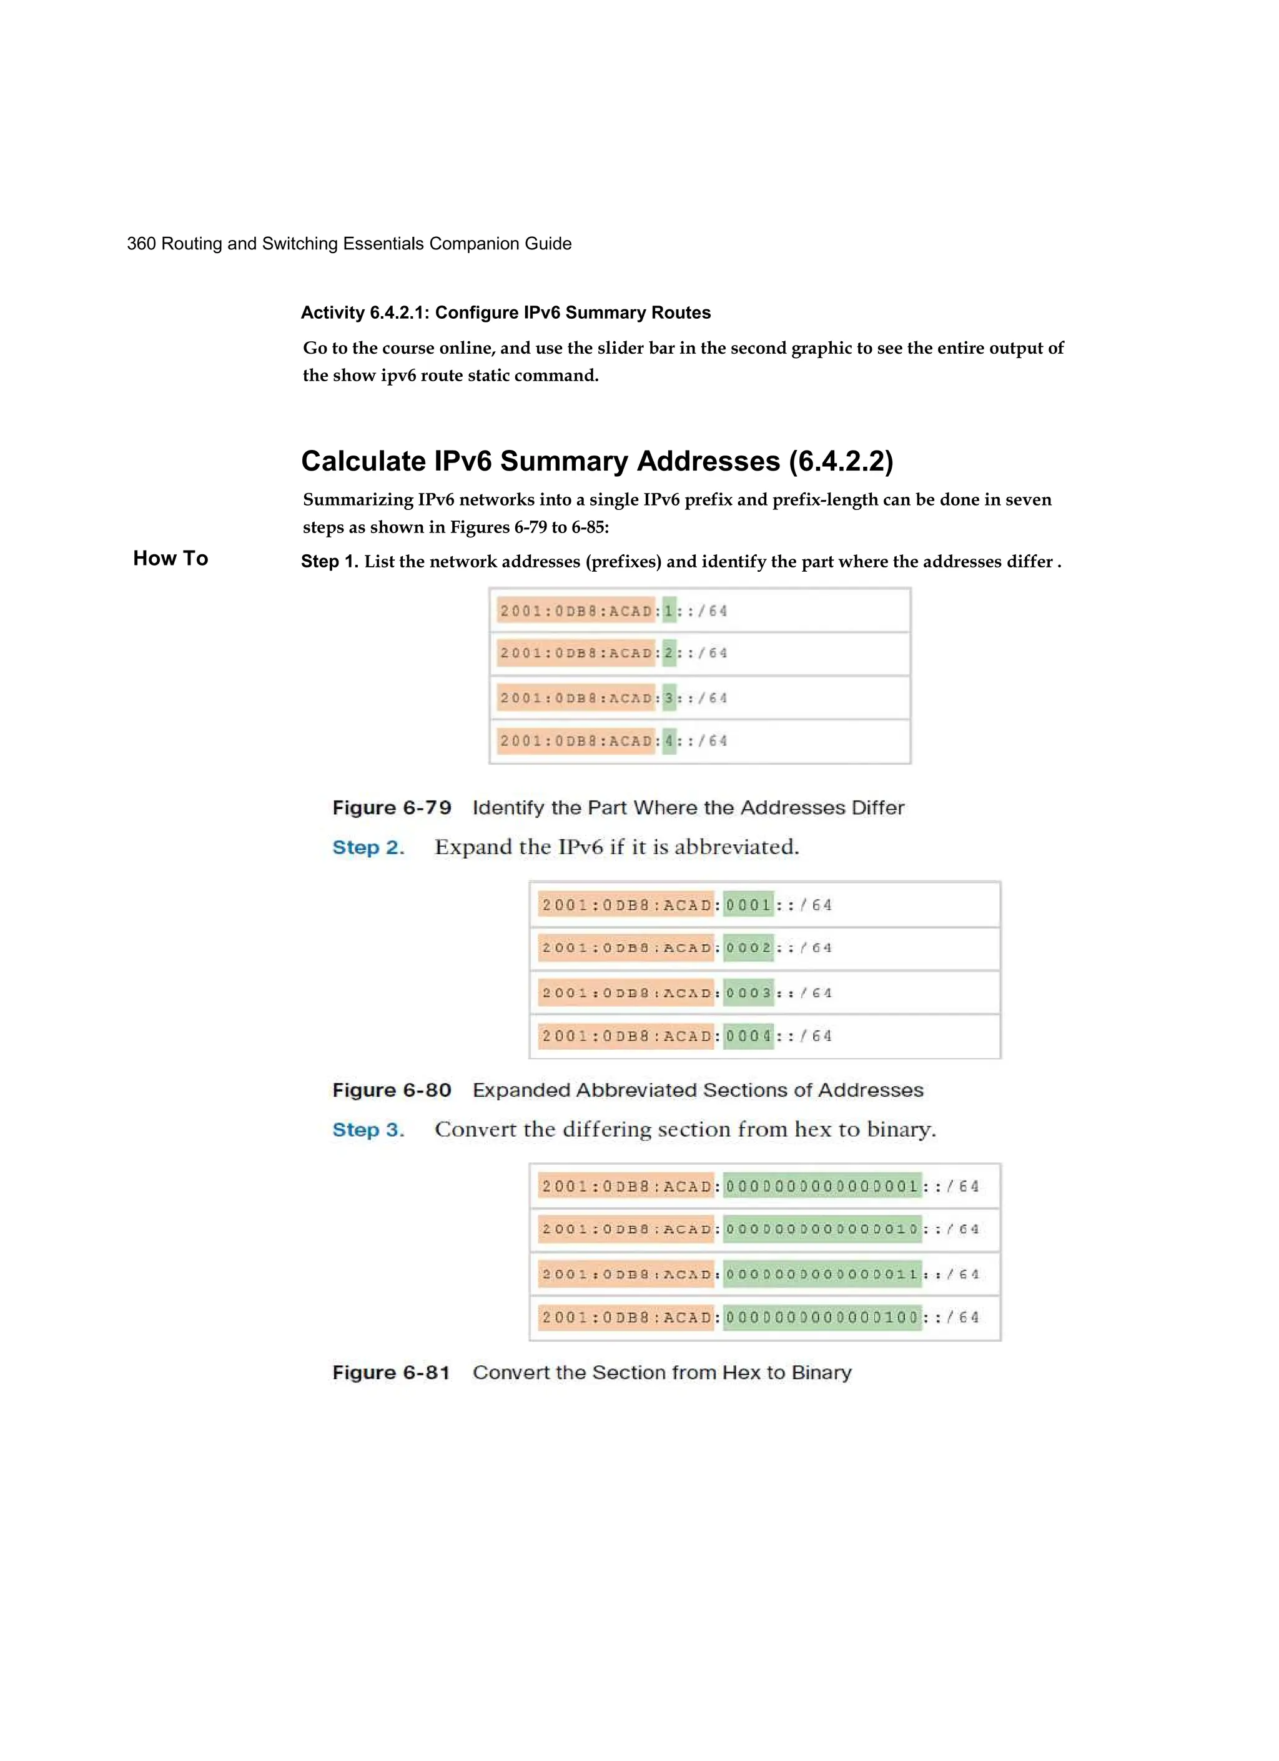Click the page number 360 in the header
141,244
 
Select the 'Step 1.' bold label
329,561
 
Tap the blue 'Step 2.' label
368,847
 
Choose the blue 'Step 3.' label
368,1130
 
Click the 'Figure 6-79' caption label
392,807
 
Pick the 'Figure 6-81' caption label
392,1373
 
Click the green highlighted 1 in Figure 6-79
669,611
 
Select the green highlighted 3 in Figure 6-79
669,698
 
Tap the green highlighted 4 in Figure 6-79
669,741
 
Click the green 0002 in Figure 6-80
749,948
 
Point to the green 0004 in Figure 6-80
749,1036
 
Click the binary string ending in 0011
822,1274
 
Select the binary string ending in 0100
822,1318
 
